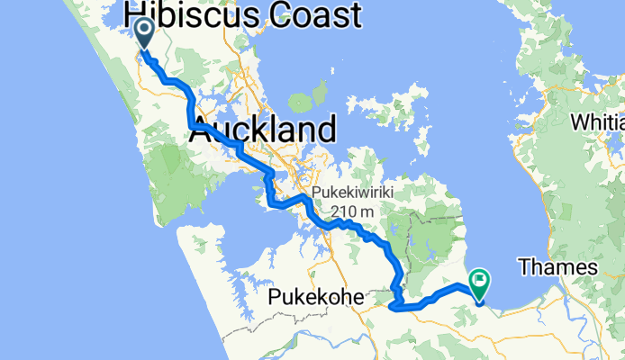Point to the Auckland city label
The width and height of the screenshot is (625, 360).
(263, 130)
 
